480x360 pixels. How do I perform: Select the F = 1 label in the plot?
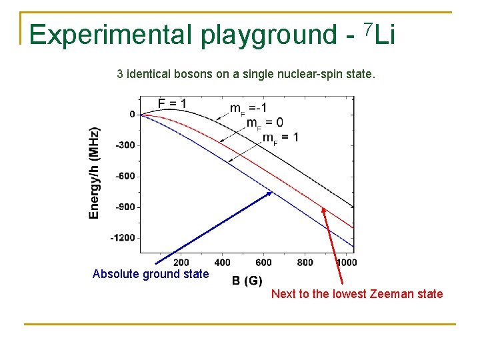tap(172, 103)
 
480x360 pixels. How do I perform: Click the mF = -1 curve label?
tap(249, 109)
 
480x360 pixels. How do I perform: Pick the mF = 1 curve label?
tap(280, 139)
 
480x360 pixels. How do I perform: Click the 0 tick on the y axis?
tap(132, 114)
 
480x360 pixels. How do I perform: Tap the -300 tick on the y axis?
tap(125, 145)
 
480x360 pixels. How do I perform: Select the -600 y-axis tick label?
tap(125, 176)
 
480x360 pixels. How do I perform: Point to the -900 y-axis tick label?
tap(125, 207)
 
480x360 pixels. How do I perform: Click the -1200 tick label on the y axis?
tap(122, 237)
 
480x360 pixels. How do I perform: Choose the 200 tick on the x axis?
tap(181, 263)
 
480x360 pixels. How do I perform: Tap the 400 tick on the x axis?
tap(223, 263)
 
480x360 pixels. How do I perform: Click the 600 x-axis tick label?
tap(264, 263)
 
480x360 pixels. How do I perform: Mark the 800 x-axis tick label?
tap(305, 263)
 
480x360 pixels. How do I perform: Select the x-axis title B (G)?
tap(247, 281)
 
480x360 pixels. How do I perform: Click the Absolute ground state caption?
tap(151, 274)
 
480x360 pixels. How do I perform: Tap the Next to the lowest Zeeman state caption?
tap(357, 294)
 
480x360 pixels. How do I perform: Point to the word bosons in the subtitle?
tap(193, 74)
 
